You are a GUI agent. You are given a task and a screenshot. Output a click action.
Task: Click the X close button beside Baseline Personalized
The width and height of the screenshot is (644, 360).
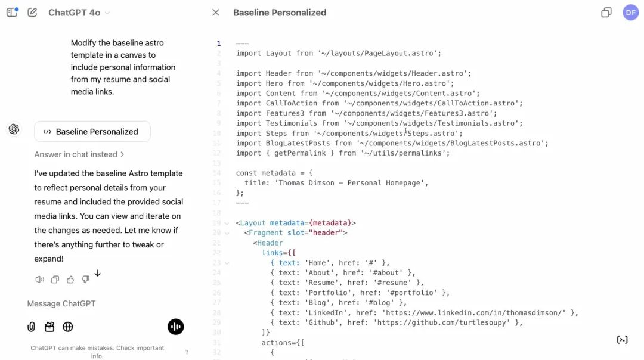tap(216, 13)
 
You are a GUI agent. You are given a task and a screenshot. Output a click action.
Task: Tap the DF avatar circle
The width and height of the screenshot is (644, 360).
tap(630, 13)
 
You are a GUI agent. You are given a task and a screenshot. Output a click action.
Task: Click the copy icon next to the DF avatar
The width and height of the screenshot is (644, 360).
tap(606, 13)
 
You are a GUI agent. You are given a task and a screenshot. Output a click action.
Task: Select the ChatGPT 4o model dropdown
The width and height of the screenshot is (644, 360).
tap(79, 13)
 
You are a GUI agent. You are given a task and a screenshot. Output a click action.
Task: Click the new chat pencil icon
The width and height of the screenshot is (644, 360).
tap(32, 13)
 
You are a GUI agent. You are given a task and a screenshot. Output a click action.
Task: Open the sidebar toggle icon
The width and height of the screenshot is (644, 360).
tap(13, 13)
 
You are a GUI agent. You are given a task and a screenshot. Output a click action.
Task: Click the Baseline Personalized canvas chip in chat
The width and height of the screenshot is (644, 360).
tap(92, 131)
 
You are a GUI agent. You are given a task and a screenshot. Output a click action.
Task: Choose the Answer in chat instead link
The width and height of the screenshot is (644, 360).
tap(79, 154)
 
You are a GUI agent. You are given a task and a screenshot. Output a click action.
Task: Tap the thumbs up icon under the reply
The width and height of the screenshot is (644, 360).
tap(70, 280)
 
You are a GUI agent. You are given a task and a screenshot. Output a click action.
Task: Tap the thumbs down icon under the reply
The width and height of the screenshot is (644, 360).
tap(85, 280)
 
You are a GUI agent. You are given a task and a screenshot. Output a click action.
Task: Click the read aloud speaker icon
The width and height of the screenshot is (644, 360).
tap(39, 280)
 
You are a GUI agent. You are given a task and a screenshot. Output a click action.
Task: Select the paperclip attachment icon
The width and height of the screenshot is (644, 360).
tap(31, 327)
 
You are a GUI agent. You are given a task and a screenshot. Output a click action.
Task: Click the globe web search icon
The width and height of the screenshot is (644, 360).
tap(68, 327)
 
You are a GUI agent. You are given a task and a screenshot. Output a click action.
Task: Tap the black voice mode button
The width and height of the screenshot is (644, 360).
tap(176, 327)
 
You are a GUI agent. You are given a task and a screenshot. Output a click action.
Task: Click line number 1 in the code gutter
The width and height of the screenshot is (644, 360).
tap(219, 44)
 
